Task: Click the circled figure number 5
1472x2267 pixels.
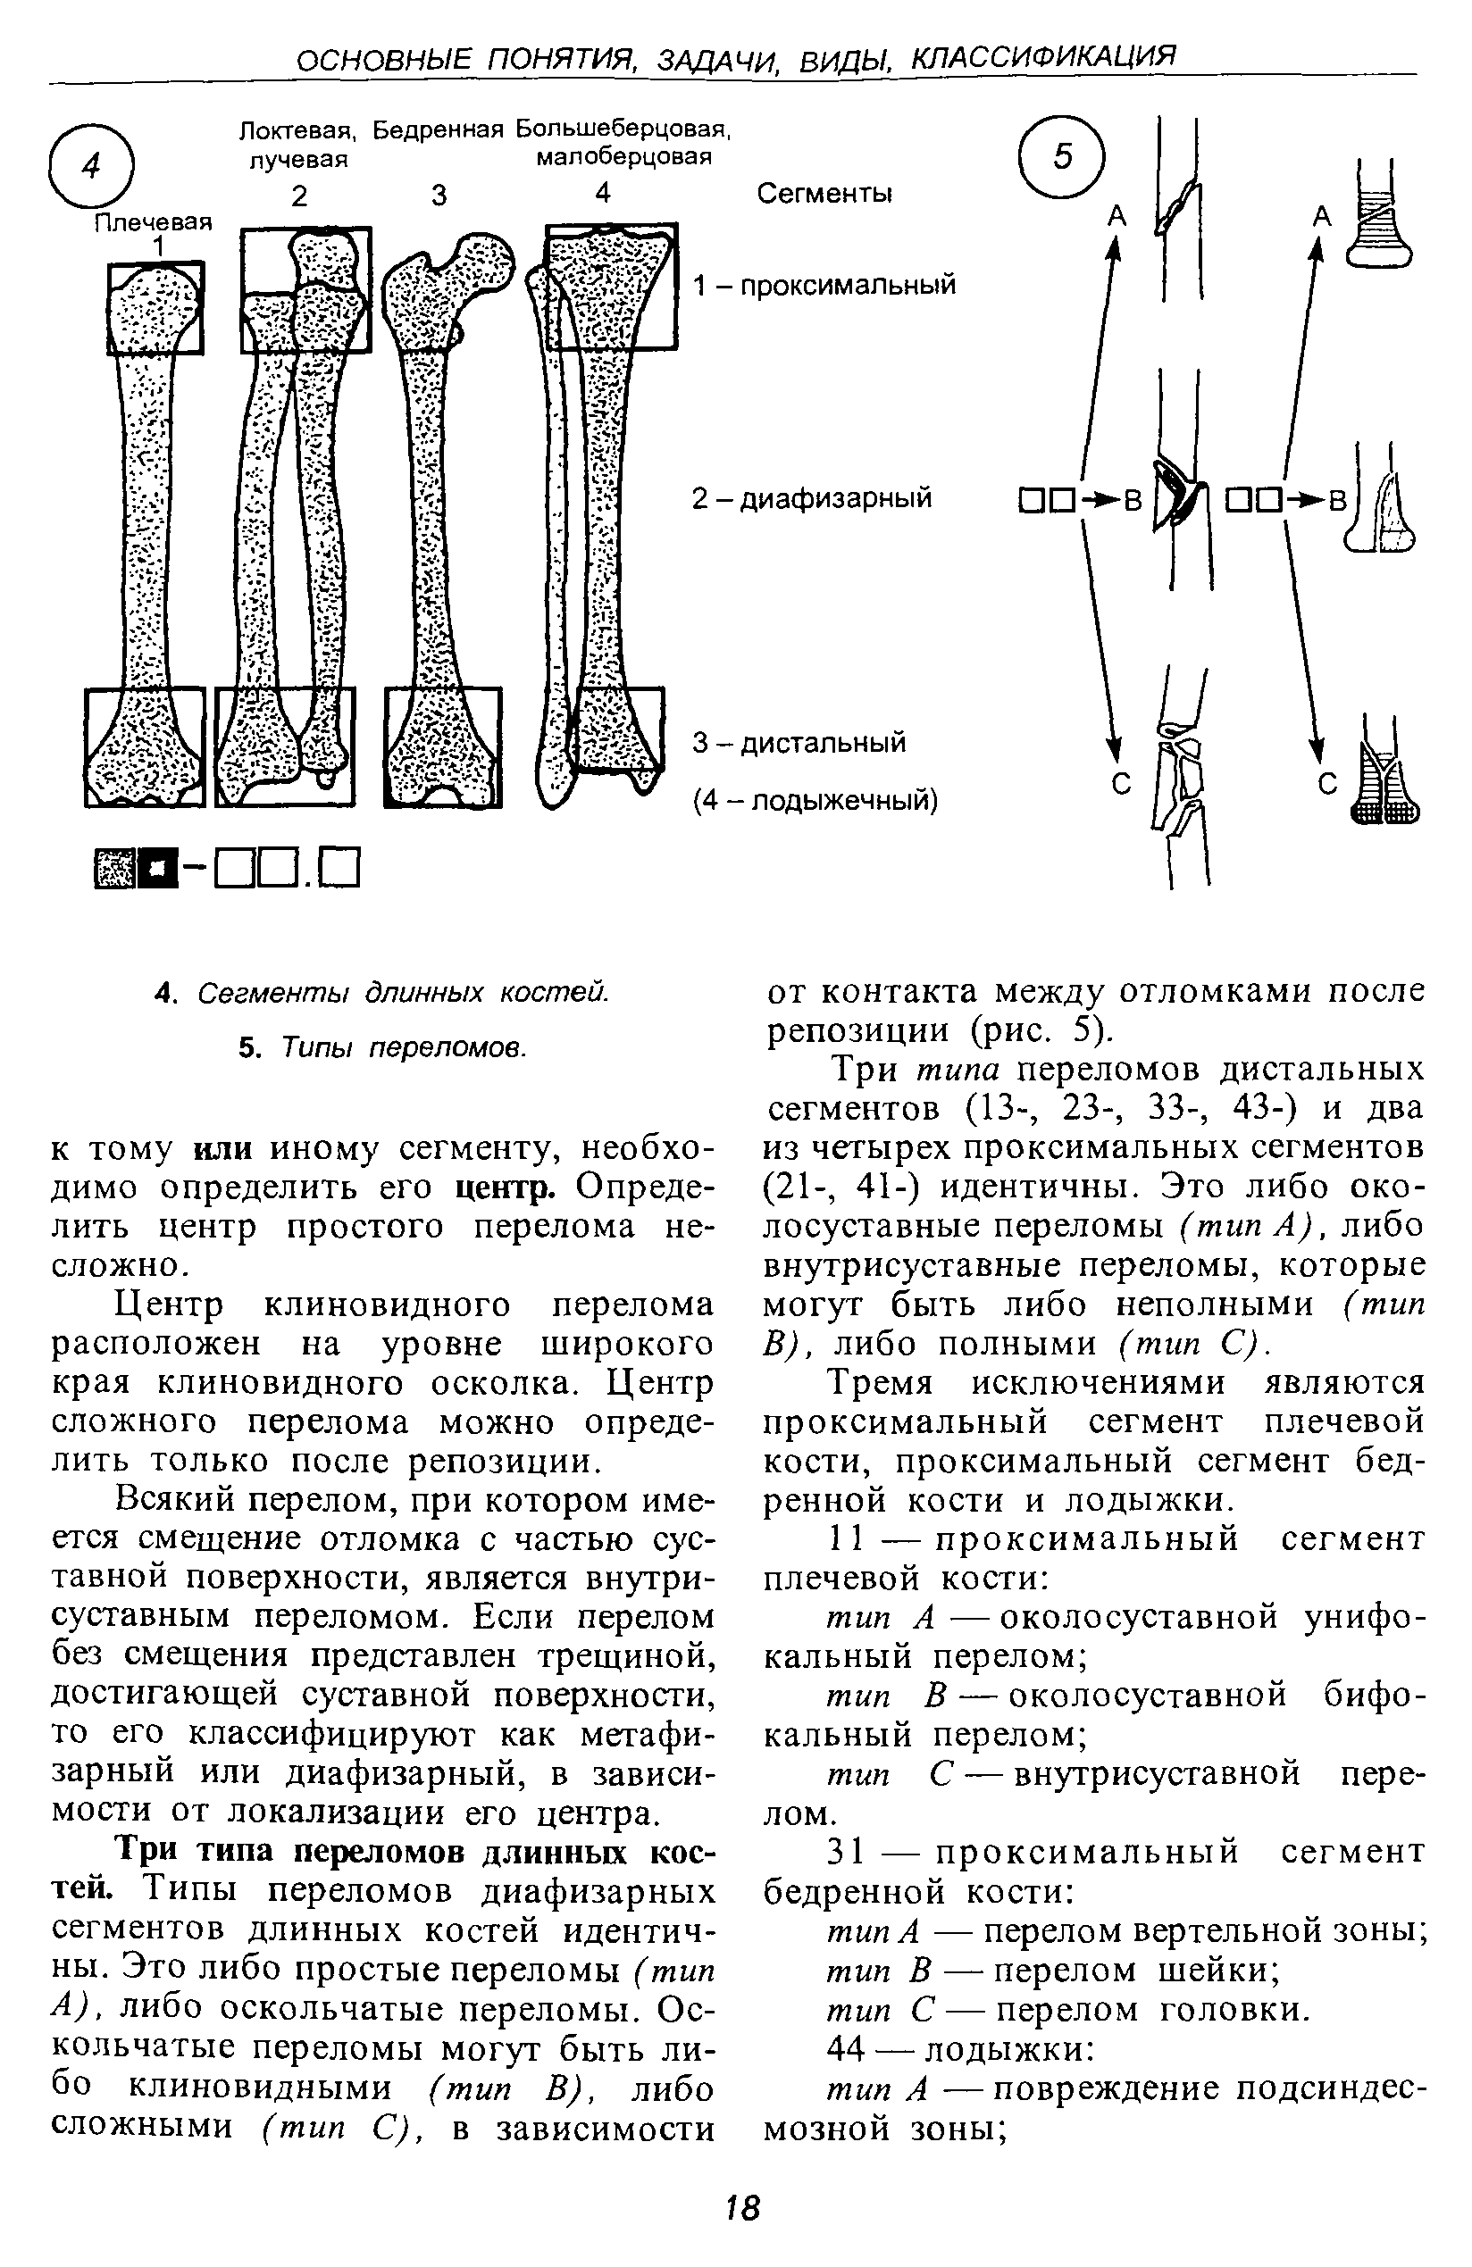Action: [x=1061, y=156]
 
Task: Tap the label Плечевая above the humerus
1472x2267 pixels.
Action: [x=153, y=222]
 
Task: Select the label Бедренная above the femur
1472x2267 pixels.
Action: [x=438, y=129]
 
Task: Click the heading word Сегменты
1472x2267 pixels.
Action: [x=824, y=194]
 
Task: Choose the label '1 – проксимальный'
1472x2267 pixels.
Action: [x=824, y=286]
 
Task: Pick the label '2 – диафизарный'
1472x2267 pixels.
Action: [x=812, y=498]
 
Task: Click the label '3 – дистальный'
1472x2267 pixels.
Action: [x=799, y=742]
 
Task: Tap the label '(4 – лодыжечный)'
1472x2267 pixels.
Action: [x=815, y=801]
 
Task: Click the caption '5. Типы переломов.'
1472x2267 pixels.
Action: [x=382, y=1047]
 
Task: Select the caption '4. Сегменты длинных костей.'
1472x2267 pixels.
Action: [x=381, y=993]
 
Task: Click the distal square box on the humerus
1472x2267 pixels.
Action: [x=145, y=746]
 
